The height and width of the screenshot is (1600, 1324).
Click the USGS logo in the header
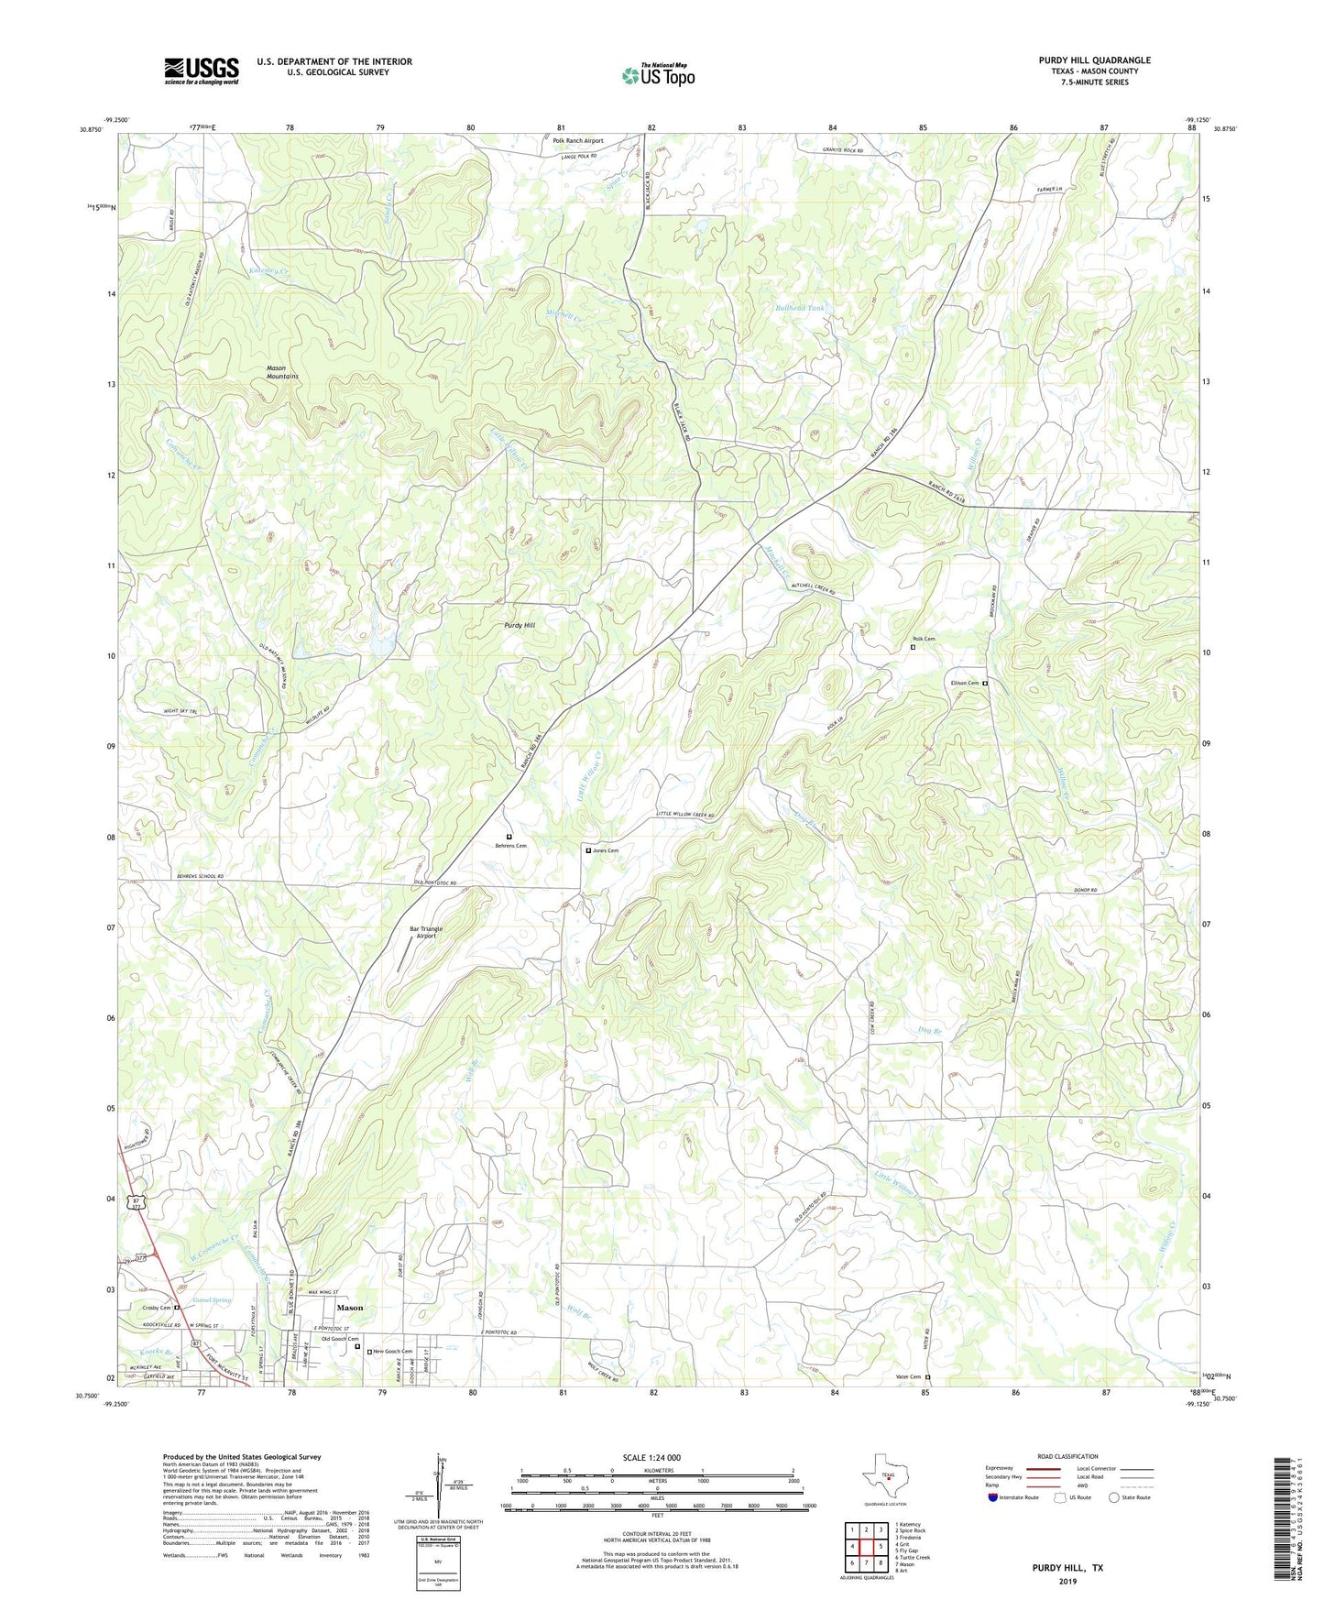(202, 71)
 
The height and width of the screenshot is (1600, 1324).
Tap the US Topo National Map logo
(658, 75)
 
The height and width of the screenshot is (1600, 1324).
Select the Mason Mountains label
(282, 372)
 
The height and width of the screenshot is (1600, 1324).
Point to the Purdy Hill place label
(520, 625)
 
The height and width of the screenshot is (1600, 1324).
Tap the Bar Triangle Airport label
(427, 932)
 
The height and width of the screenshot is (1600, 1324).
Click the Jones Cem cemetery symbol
(588, 850)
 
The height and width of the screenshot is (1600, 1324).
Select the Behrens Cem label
(511, 846)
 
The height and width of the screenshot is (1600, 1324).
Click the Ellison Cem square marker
(986, 684)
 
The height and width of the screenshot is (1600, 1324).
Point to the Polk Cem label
(924, 639)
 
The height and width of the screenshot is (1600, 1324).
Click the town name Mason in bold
(349, 1308)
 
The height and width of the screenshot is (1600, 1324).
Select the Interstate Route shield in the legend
(993, 1497)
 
